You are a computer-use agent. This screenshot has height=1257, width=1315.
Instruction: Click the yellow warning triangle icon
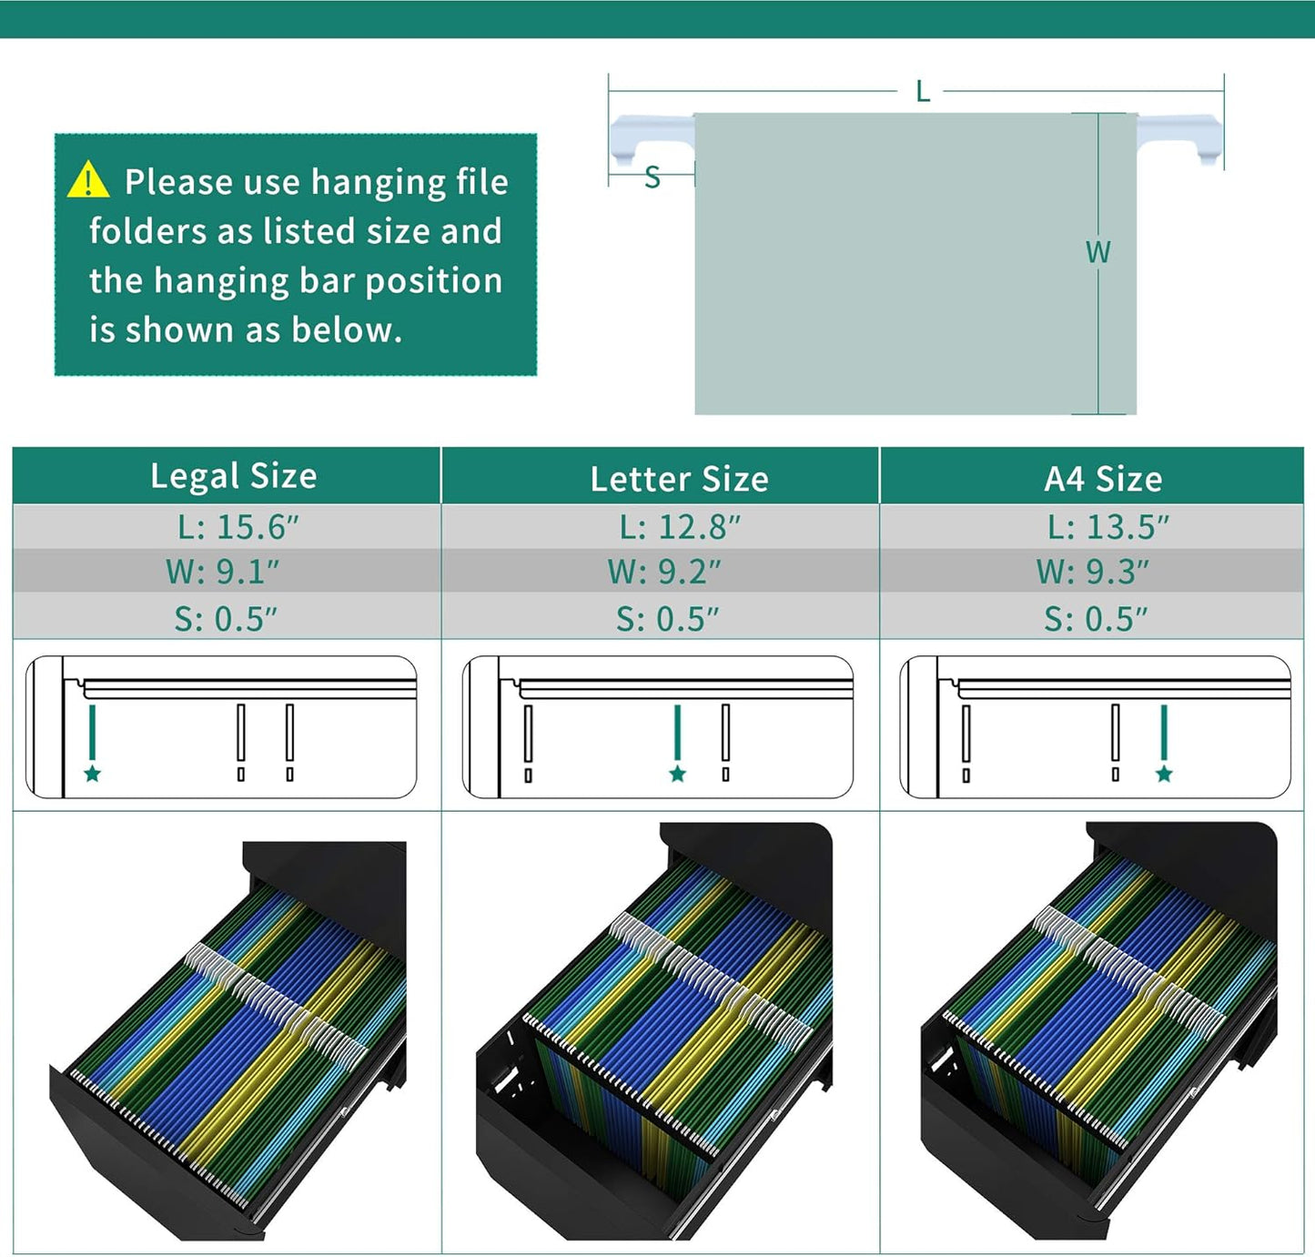coord(88,179)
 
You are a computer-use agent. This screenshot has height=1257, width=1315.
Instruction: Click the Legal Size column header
coord(234,476)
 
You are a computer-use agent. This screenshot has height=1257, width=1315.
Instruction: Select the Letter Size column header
coord(679,479)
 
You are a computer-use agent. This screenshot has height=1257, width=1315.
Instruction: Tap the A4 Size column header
coord(1104,479)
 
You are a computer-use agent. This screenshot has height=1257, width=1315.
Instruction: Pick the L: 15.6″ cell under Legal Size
coord(238,526)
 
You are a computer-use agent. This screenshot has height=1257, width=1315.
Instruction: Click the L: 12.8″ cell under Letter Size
coord(680,526)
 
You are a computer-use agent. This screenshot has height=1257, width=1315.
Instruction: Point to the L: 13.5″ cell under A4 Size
coord(1108,526)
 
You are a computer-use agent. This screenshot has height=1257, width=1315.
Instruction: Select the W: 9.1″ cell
coord(222,572)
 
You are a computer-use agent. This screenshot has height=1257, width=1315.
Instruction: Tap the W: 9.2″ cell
coord(664,572)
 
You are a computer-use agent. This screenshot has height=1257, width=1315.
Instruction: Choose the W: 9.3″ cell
coord(1093,572)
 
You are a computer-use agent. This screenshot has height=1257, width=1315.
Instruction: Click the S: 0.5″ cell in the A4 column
coord(1096,619)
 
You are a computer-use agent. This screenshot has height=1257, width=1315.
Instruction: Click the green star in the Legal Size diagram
coord(93,774)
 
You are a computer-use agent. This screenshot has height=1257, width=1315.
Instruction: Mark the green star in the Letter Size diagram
coord(678,774)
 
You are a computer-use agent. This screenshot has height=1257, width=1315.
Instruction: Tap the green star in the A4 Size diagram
coord(1164,774)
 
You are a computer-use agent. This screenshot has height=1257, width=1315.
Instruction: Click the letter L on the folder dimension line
coord(923,91)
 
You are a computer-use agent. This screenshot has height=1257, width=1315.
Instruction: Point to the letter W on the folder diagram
coord(1098,252)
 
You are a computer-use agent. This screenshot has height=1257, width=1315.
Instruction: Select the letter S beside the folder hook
coord(652,177)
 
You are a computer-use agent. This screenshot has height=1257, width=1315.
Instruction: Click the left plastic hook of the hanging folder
coord(652,138)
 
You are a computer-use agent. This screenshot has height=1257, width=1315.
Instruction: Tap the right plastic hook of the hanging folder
coord(1179,138)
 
